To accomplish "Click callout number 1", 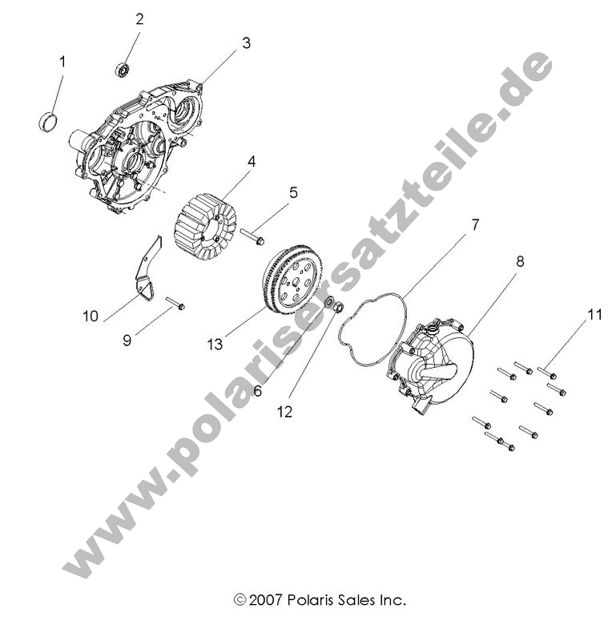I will tap(62, 61).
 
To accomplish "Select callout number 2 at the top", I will tap(139, 19).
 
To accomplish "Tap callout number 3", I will tap(246, 43).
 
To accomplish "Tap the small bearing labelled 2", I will tap(123, 70).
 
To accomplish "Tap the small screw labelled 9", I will tap(175, 303).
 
